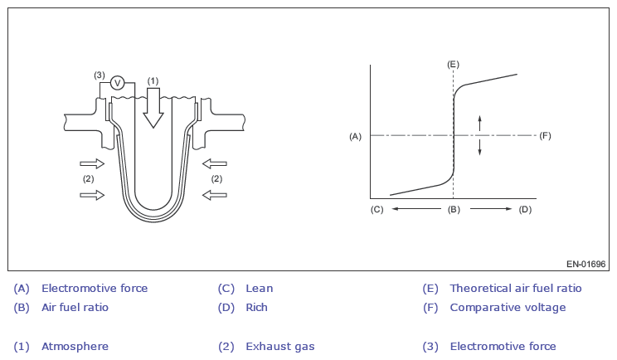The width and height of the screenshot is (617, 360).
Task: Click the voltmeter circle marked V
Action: coord(117,82)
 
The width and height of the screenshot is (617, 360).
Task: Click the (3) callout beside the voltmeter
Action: coord(99,75)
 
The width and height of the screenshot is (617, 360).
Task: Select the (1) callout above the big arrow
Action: coord(153,80)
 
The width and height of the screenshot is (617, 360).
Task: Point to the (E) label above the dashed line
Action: coord(453,64)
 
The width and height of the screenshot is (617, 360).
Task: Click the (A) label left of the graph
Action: coord(355,135)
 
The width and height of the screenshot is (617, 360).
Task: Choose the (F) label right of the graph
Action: coord(545,135)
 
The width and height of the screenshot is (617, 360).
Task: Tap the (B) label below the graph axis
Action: coord(453,209)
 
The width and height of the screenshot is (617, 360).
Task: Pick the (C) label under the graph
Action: coord(377,209)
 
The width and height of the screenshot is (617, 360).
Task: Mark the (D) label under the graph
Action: coord(525,209)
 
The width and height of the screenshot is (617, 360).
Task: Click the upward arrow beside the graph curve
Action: coord(479,123)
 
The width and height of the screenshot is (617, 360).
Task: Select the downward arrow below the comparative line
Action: coord(479,147)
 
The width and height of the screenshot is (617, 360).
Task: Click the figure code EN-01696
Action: coord(586,264)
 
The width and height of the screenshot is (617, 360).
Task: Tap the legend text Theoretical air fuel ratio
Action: coord(515,289)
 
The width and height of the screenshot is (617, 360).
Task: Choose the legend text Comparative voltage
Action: coord(508,308)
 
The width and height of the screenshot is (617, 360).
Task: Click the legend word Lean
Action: coord(259,289)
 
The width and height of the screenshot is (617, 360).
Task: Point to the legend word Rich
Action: coord(256,308)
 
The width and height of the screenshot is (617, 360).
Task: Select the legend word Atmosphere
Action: coord(75,347)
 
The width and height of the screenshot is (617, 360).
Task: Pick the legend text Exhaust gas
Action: coord(279,347)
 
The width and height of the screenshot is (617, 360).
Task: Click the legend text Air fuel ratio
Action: coord(75,308)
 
